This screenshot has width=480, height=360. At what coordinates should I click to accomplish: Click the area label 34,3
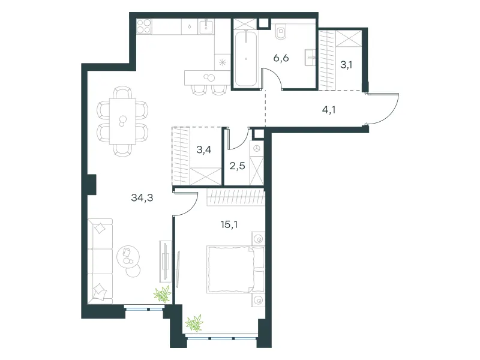pos(142,198)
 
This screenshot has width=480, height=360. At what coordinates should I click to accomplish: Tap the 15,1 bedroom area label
pos(229,224)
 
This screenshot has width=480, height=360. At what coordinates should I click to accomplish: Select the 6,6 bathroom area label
pos(281,58)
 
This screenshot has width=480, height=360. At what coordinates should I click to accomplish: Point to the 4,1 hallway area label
pos(329,110)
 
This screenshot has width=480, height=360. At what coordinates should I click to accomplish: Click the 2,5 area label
pos(237,166)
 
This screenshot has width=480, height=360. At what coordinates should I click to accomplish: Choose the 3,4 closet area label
pos(204,150)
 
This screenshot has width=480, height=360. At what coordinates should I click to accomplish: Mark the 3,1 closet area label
pos(347,65)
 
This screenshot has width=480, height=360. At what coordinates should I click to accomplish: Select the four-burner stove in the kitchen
pos(144,26)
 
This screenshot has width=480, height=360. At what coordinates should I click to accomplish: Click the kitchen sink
pos(206,26)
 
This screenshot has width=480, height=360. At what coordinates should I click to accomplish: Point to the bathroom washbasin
pos(310,57)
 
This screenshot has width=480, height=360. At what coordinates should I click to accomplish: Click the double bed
pos(235,269)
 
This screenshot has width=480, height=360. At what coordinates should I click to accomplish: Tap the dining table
pos(122,121)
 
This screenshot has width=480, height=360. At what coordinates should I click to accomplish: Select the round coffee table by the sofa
pos(128,257)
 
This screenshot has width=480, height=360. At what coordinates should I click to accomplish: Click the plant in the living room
pos(162,294)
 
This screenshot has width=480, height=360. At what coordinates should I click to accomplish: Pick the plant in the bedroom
pos(194,323)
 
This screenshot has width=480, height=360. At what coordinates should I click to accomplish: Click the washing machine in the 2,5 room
pos(257,148)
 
